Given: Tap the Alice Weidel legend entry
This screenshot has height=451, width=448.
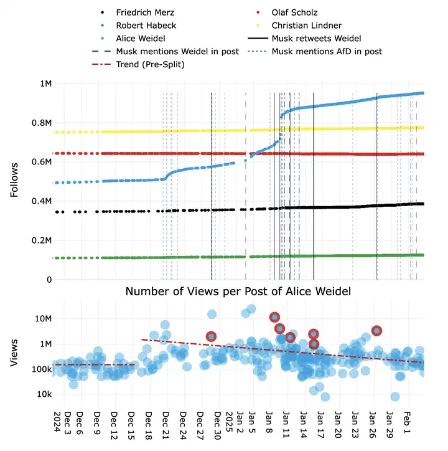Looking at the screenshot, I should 141,39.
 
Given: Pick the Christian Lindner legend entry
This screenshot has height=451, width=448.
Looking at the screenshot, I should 307,26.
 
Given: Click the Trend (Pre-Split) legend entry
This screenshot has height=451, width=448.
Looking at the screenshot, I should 152,64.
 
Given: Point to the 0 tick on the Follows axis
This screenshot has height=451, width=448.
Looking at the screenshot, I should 49,280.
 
